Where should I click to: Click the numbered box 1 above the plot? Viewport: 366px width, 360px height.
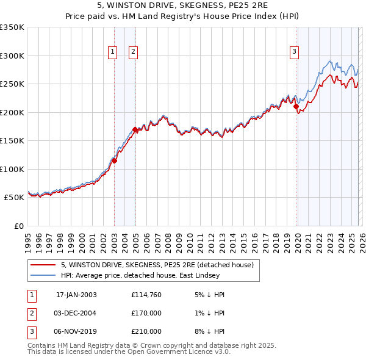pyautogui.click(x=113, y=52)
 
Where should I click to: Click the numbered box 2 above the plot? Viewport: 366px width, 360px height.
pyautogui.click(x=133, y=52)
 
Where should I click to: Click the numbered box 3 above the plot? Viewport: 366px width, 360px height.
pyautogui.click(x=294, y=52)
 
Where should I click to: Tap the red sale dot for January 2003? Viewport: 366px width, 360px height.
pyautogui.click(x=114, y=161)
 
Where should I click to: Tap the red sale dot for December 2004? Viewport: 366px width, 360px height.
pyautogui.click(x=135, y=129)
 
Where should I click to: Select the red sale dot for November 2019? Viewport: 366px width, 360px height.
pyautogui.click(x=296, y=107)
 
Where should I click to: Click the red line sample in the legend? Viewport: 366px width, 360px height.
pyautogui.click(x=43, y=265)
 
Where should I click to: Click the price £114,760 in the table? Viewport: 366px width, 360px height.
pyautogui.click(x=146, y=295)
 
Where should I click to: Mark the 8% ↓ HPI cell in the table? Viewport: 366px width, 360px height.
pyautogui.click(x=209, y=331)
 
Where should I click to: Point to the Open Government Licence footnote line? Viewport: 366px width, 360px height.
pyautogui.click(x=128, y=352)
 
